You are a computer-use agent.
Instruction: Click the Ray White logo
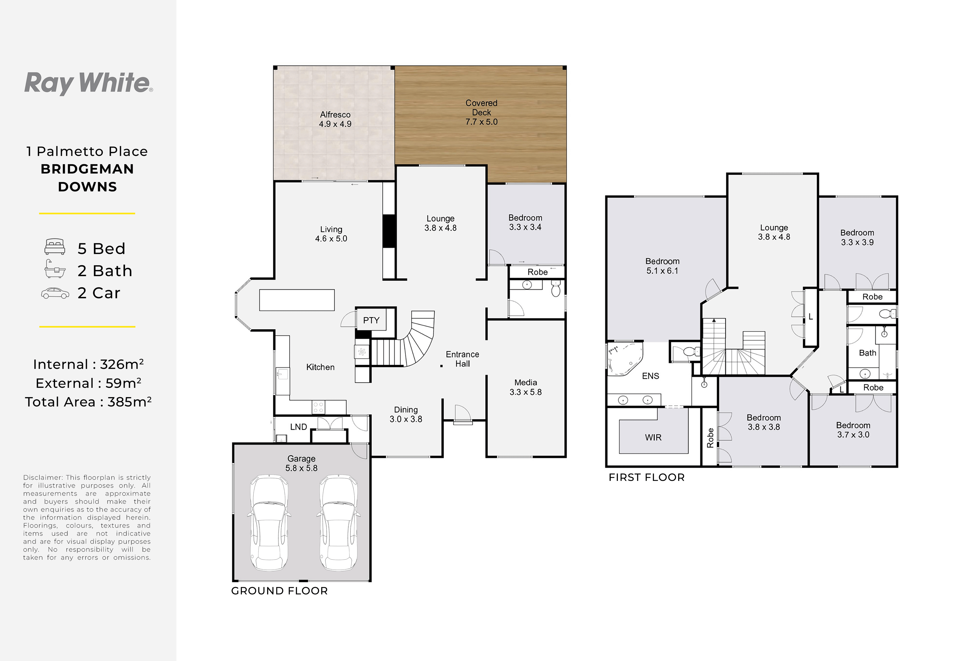tap(89, 83)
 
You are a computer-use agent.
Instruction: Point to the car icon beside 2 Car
tap(55, 293)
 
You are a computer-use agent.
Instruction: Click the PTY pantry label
tap(371, 320)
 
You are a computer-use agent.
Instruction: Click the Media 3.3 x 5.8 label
tap(525, 387)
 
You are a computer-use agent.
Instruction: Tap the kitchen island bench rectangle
tap(297, 300)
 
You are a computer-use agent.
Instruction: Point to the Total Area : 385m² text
tap(88, 402)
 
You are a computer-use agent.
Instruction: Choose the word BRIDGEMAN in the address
tap(87, 169)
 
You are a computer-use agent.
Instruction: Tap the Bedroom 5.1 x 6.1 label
tap(662, 266)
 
